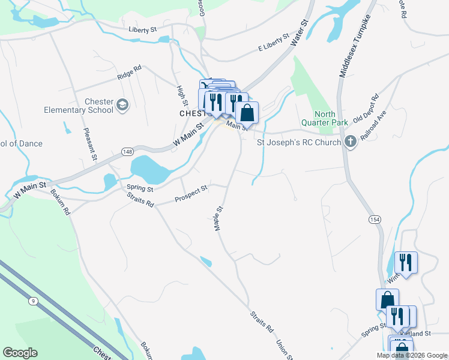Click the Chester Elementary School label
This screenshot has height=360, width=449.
79,106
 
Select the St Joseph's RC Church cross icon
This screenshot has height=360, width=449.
351,142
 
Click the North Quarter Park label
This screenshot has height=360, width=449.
331,118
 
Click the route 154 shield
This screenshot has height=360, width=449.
375,220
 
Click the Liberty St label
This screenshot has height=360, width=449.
142,29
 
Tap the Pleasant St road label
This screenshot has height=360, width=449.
90,144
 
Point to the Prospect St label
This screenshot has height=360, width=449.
191,193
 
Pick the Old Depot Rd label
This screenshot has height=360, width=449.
366,107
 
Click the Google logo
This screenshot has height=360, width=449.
20,353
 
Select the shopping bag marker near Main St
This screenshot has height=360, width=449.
247,112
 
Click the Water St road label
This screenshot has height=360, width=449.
299,33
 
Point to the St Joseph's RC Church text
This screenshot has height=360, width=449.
299,143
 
